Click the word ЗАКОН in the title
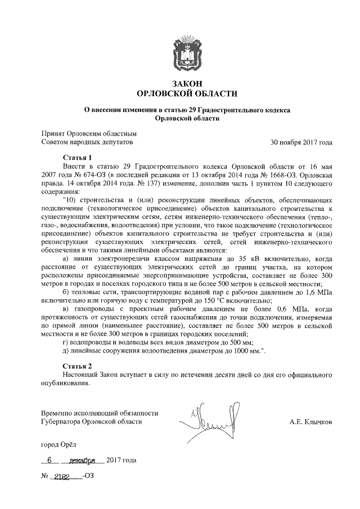[x=187, y=83]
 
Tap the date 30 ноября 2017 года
[x=301, y=143]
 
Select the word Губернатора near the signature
[x=61, y=421]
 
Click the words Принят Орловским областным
[x=89, y=134]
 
